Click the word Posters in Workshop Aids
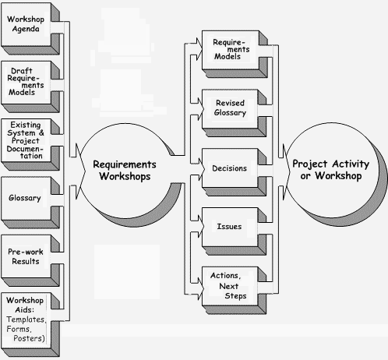(29, 338)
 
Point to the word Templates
(26, 319)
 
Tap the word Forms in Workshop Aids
(19, 329)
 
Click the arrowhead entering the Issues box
(201, 227)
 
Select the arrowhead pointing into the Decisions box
(201, 168)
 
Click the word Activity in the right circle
(351, 164)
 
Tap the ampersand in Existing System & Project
(41, 132)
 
